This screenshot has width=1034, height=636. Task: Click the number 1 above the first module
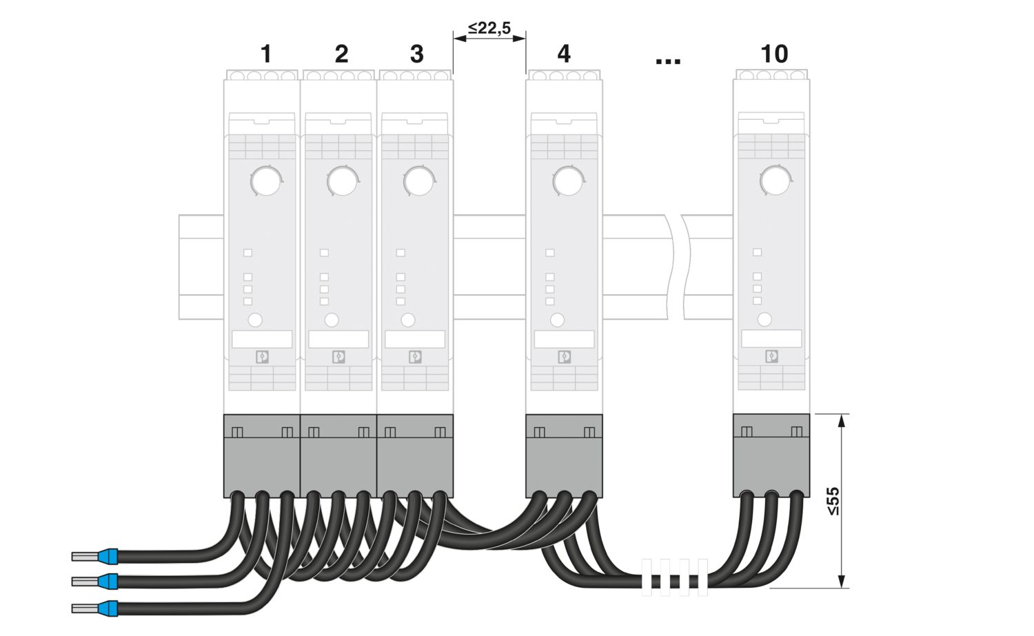tap(266, 54)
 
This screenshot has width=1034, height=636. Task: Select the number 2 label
tap(341, 54)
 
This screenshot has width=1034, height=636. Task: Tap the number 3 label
tap(417, 54)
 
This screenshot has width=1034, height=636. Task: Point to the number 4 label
tap(564, 54)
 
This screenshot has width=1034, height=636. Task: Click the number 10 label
tap(774, 54)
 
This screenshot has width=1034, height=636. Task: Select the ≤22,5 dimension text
tap(489, 28)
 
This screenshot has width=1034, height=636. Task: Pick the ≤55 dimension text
tap(833, 501)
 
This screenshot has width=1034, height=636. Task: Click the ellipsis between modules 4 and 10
tap(668, 61)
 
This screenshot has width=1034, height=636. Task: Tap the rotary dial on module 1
tap(265, 181)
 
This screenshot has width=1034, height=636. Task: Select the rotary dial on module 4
tap(568, 181)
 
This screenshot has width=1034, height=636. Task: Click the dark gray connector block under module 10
tap(771, 455)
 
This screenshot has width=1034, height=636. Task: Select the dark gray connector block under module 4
tap(564, 455)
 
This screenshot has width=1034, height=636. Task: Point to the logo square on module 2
tap(339, 357)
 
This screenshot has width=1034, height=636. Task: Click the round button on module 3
tap(408, 320)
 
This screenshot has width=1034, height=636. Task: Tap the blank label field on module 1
tap(262, 339)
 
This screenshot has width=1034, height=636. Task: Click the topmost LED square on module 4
tap(549, 253)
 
